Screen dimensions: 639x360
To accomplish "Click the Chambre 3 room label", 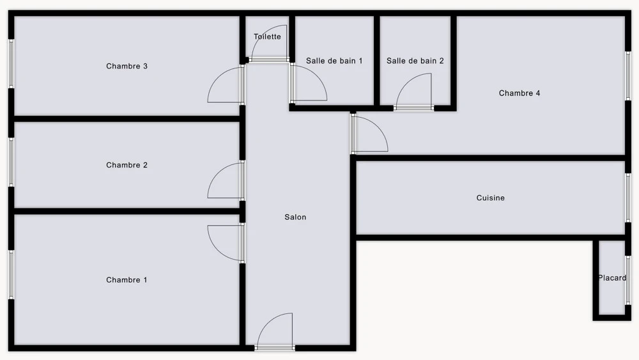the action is pyautogui.click(x=127, y=66).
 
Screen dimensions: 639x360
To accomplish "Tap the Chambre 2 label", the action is pyautogui.click(x=127, y=165).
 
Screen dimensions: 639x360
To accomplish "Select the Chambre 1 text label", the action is pyautogui.click(x=127, y=280).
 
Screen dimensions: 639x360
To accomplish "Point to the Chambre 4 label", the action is pyautogui.click(x=520, y=93).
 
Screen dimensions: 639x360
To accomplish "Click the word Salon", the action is pyautogui.click(x=295, y=217).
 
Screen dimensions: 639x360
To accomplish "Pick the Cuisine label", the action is pyautogui.click(x=491, y=198).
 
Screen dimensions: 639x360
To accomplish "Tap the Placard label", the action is pyautogui.click(x=612, y=278).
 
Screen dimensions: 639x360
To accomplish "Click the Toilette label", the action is pyautogui.click(x=267, y=36).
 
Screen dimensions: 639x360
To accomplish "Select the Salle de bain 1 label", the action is pyautogui.click(x=334, y=61).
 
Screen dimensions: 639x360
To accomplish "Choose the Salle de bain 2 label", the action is pyautogui.click(x=415, y=61).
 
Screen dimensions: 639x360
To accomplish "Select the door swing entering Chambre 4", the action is pyautogui.click(x=378, y=128).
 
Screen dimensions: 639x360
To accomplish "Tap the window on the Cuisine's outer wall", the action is pyautogui.click(x=628, y=198).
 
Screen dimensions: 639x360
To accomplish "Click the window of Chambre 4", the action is pyautogui.click(x=628, y=75).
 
